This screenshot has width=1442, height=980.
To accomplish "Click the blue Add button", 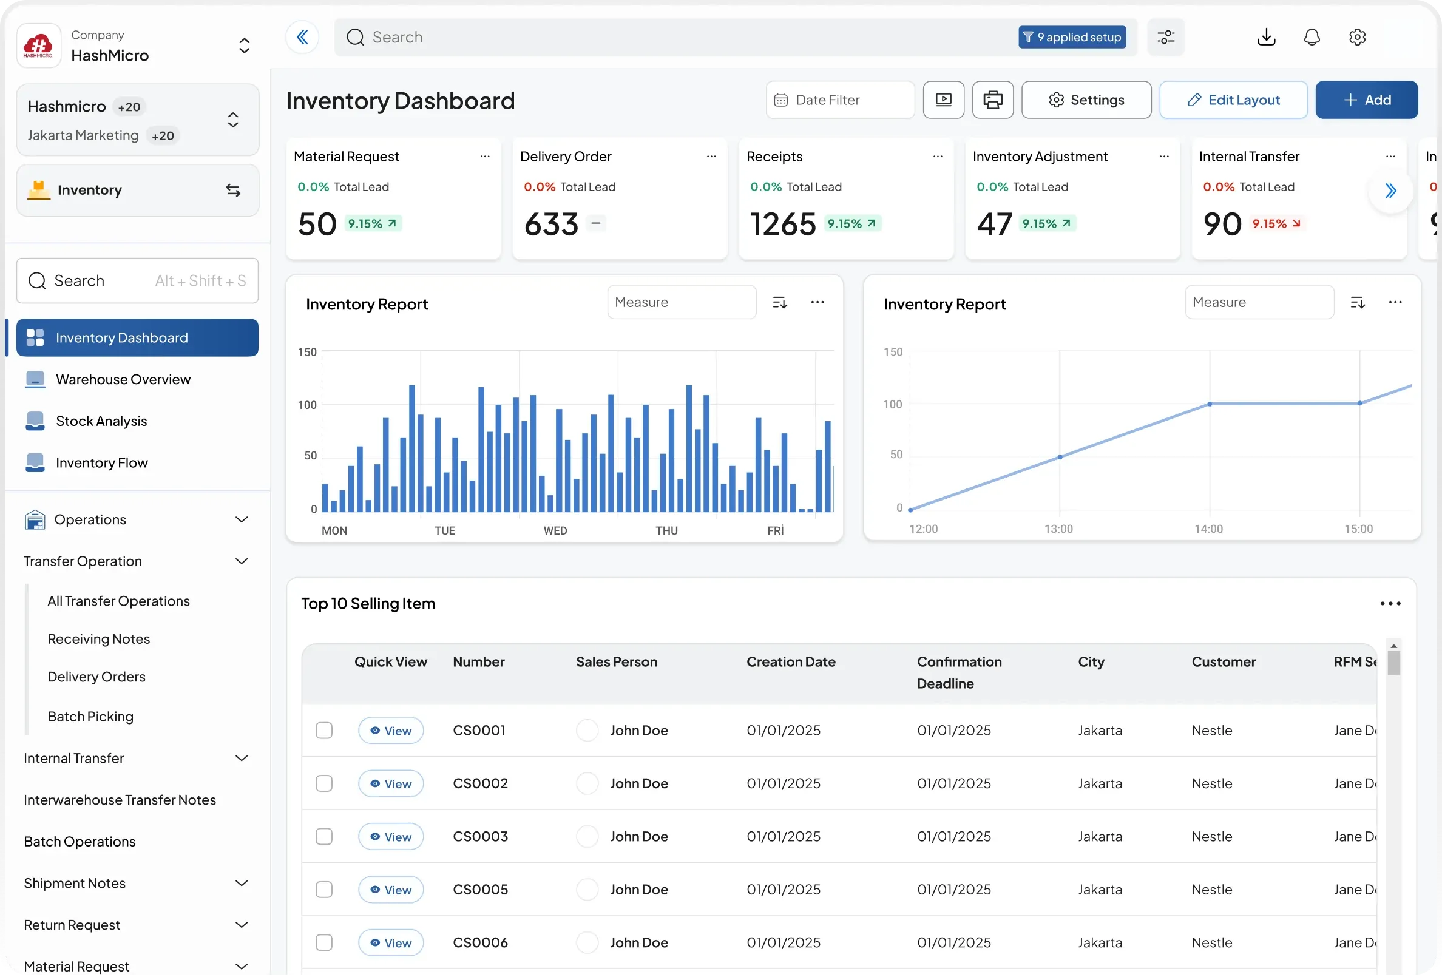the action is click(x=1366, y=100).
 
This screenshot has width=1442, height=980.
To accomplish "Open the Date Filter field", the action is click(x=840, y=100).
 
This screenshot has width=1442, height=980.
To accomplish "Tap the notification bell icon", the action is click(x=1312, y=37).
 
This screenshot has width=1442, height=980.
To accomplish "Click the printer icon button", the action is click(x=993, y=100).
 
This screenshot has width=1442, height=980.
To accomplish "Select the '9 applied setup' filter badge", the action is click(x=1072, y=37).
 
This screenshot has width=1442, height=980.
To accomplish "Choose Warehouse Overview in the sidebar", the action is click(x=123, y=380).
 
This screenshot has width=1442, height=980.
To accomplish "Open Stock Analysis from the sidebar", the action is click(x=101, y=421).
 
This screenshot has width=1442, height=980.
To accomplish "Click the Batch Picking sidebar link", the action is click(x=90, y=717).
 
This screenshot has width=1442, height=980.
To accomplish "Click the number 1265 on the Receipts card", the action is click(x=783, y=224).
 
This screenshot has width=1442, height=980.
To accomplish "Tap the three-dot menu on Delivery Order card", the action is click(x=711, y=157).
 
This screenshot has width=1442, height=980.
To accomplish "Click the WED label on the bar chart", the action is click(x=555, y=531).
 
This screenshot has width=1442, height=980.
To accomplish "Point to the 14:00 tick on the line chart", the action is click(x=1209, y=529).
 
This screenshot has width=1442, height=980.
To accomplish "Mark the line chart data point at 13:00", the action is click(x=1060, y=458).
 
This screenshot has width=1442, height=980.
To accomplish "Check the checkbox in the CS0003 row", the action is click(x=324, y=837).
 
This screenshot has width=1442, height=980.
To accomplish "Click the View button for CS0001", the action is click(x=391, y=731).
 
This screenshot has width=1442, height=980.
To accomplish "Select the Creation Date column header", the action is click(x=791, y=663).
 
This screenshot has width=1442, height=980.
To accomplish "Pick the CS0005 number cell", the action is click(x=480, y=890).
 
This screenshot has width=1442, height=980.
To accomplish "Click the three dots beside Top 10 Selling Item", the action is click(x=1390, y=604).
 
